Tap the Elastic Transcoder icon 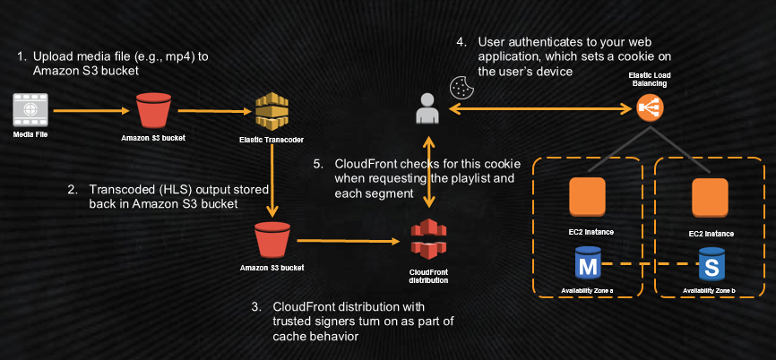(x=272, y=112)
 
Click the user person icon (x=427, y=108)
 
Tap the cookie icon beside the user (x=461, y=87)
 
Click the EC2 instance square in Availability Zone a (x=588, y=197)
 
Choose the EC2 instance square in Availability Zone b (x=710, y=197)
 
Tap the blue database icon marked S (x=712, y=266)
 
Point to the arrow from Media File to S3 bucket (x=90, y=111)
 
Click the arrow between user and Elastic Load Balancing (x=538, y=108)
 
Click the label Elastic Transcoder (x=271, y=140)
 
